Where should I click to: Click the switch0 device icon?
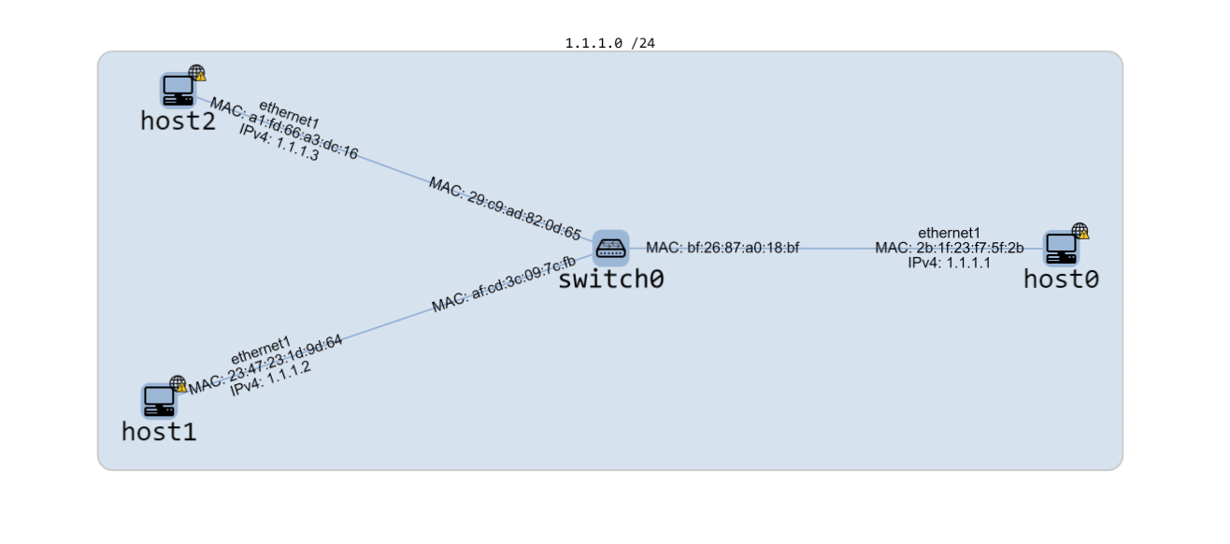[610, 248]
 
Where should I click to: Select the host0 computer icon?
[1061, 249]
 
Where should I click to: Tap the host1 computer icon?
[158, 400]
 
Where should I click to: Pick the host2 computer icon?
[178, 90]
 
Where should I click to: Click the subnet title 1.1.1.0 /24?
[609, 43]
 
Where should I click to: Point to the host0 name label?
[1061, 279]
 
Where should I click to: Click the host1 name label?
[159, 431]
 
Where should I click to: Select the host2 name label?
[178, 121]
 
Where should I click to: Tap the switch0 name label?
[610, 279]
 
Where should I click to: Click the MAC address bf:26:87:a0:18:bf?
[722, 248]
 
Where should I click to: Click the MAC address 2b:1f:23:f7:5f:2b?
[949, 248]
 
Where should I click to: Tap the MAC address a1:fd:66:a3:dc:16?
[283, 128]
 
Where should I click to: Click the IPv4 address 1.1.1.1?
[949, 263]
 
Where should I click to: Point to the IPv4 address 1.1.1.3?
[279, 142]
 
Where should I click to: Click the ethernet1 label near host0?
[949, 233]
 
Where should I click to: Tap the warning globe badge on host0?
[1080, 231]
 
